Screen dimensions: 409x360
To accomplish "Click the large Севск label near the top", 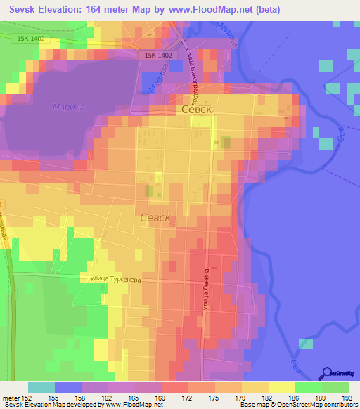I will coord(198,110).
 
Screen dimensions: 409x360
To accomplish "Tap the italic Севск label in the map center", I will coord(156,218).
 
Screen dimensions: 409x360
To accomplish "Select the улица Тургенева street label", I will coord(115,279).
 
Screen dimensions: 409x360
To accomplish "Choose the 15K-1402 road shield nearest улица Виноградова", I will coord(159,55).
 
